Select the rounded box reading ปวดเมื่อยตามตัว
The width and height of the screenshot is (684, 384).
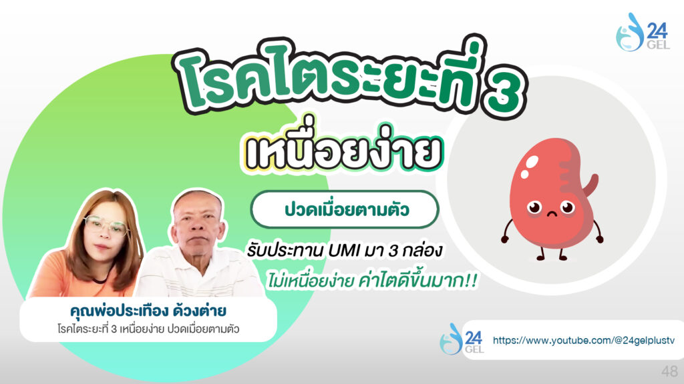pos(345,209)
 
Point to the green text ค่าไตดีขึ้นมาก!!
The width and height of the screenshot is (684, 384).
pos(417,279)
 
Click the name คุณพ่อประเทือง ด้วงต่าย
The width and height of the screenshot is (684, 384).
pos(148,311)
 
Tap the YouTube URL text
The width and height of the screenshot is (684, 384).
pos(584,341)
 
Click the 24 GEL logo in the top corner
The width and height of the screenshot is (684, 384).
pos(643,32)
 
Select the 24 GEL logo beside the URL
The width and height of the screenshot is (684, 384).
pos(462,339)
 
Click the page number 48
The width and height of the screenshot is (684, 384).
pos(669,371)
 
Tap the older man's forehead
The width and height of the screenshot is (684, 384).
pos(198,209)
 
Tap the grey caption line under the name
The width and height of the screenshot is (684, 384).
pos(148,329)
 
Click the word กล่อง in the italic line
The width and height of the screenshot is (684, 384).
pos(423,251)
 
